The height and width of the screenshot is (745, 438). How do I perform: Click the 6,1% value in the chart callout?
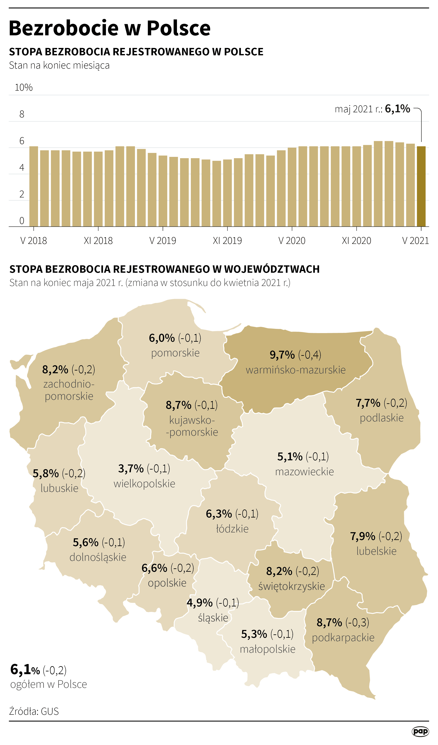click(x=397, y=109)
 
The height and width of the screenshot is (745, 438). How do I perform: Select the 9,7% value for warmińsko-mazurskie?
click(x=282, y=355)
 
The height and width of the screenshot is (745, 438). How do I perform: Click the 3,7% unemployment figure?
click(x=131, y=468)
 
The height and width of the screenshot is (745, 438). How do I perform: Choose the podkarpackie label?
click(x=343, y=638)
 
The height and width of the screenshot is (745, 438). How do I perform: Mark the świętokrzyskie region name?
click(x=292, y=586)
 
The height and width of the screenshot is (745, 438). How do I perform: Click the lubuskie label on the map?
click(x=59, y=488)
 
